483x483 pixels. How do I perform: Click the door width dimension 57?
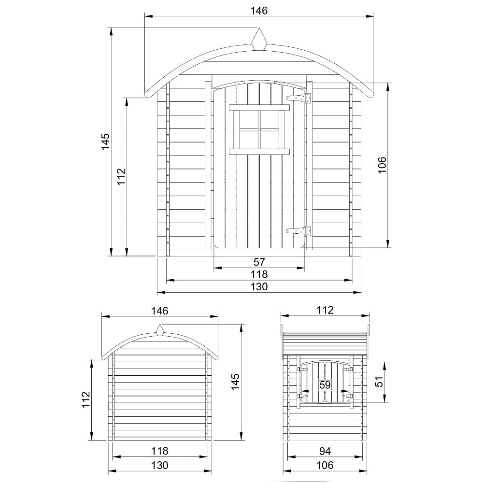(x=259, y=262)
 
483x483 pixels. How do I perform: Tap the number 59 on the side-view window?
(x=325, y=384)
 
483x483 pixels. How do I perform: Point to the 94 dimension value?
(x=325, y=451)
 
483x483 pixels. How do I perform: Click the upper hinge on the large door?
(x=299, y=98)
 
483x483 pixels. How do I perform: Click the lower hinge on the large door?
(x=299, y=231)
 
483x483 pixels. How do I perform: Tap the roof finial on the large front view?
(x=259, y=40)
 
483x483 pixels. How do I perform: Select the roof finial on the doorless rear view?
(x=160, y=330)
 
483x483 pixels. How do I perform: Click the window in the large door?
(x=259, y=129)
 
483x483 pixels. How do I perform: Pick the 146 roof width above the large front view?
(x=259, y=10)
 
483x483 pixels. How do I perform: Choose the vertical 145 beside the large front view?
(x=106, y=142)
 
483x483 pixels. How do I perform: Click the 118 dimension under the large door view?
(x=259, y=274)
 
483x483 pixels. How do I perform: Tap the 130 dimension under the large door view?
(x=259, y=287)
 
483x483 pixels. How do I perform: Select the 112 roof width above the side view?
(x=325, y=311)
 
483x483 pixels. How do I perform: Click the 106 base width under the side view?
(x=325, y=466)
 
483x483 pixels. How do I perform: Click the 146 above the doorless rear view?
(x=159, y=311)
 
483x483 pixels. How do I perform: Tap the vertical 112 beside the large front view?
(x=121, y=177)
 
